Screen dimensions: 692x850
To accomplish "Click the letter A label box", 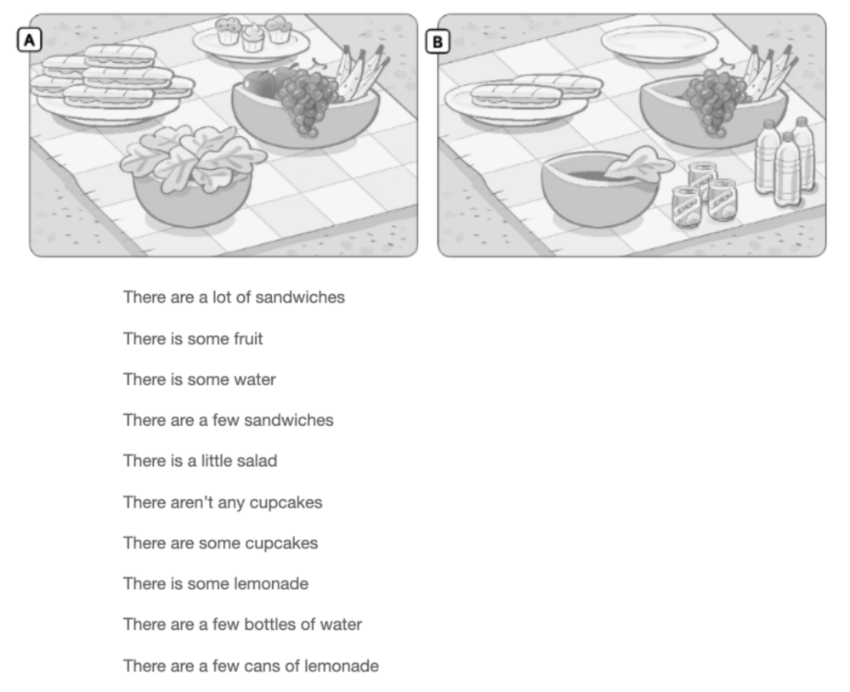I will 31,39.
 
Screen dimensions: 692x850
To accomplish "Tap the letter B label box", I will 438,39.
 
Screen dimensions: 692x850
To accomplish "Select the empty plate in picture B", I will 659,42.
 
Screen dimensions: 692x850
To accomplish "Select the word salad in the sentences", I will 255,461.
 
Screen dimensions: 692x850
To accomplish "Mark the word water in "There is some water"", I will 255,379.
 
